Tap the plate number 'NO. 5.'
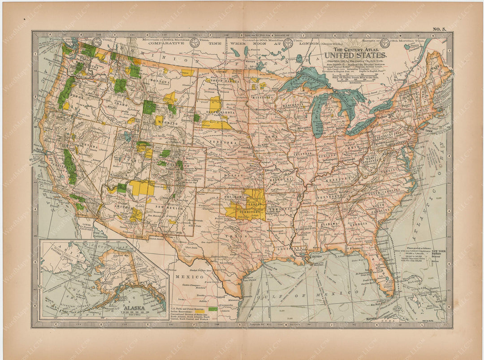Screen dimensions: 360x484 coord(439,29)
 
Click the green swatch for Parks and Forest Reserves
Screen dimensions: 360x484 coord(212,309)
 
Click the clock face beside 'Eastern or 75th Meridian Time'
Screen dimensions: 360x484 coord(385,43)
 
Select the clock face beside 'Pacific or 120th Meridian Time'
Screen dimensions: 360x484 coord(97,42)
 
